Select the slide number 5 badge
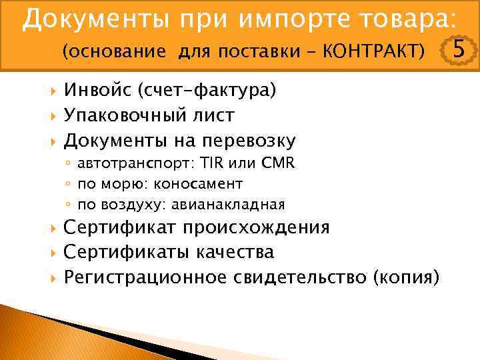pos(459,49)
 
